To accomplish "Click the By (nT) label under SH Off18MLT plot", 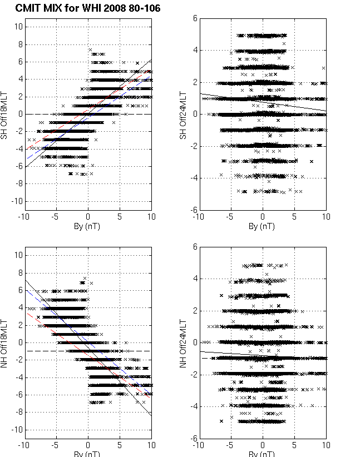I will (88, 226).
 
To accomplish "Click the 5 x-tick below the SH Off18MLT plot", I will (119, 217).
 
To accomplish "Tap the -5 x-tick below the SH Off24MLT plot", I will (230, 217).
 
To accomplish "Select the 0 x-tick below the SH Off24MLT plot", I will (263, 217).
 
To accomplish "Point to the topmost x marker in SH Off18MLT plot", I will (90, 50).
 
